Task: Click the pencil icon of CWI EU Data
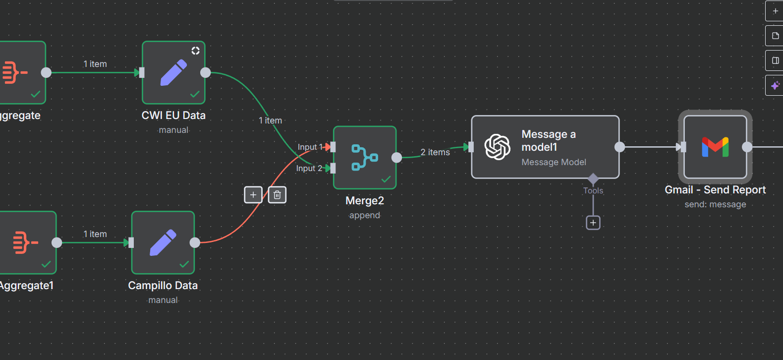173,72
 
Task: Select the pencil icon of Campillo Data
163,242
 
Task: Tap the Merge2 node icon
365,158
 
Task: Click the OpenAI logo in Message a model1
497,147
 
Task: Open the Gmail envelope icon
715,147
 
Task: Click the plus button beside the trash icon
253,195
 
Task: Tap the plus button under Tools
593,223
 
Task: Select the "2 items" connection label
435,152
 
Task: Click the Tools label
593,190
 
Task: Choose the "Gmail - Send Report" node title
715,190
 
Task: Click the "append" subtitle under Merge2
365,215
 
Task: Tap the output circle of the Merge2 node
397,158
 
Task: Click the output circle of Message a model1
620,147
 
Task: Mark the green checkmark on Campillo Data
184,264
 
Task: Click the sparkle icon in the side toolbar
775,85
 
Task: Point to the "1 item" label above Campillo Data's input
95,234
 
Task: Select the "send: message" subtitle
715,204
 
